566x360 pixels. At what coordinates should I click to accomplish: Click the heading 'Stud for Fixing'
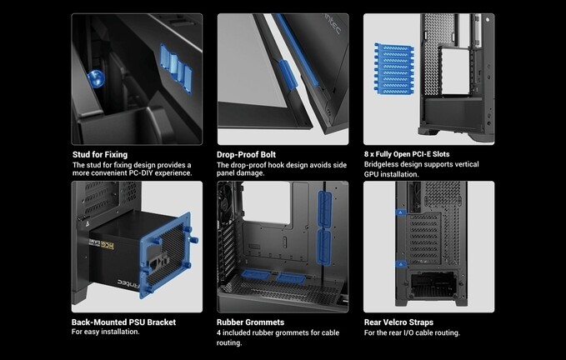[x=100, y=155]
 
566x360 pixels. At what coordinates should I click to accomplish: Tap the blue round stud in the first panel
[x=96, y=78]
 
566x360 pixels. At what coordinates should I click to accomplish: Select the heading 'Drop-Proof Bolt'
[x=246, y=155]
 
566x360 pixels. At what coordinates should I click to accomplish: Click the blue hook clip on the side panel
[x=288, y=74]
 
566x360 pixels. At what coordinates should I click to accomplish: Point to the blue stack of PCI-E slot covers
[x=393, y=68]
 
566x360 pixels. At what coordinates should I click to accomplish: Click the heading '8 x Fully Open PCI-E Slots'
[x=407, y=154]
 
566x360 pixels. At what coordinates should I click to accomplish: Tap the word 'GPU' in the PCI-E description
[x=372, y=174]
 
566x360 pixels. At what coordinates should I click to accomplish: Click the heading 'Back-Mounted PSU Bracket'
[x=124, y=322]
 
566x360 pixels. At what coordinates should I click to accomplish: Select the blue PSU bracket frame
[x=167, y=255]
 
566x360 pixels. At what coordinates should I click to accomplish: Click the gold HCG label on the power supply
[x=108, y=246]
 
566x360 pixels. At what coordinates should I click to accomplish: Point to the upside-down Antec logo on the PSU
[x=128, y=283]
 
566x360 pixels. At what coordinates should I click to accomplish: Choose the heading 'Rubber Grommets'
[x=251, y=322]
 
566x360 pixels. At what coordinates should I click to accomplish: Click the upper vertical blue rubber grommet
[x=324, y=209]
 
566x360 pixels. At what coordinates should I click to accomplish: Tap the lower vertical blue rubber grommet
[x=323, y=247]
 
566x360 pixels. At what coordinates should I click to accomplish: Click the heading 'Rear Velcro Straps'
[x=398, y=322]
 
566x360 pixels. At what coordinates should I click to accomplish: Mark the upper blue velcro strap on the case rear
[x=401, y=212]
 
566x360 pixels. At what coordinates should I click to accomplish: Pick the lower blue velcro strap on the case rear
[x=401, y=264]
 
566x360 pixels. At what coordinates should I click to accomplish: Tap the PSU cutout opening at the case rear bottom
[x=433, y=284]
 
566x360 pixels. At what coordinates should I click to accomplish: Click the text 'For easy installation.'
[x=105, y=332]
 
